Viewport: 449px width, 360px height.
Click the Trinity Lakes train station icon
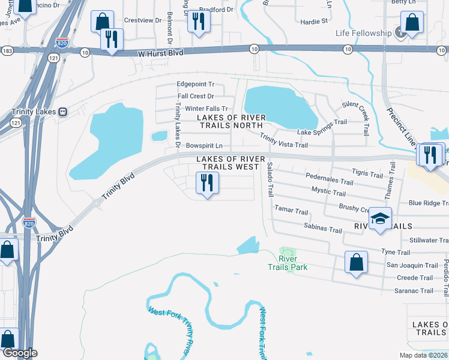[62, 112]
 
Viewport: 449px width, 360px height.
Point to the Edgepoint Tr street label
[195, 85]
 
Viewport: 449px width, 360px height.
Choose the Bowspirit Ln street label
[203, 146]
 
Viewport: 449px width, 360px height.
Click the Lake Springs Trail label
[322, 122]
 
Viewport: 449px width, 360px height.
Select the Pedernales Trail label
[329, 181]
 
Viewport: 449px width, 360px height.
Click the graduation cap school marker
[381, 219]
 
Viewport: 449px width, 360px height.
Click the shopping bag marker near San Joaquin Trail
[356, 262]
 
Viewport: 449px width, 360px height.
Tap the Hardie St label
[314, 21]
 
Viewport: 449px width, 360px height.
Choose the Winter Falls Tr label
[206, 108]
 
